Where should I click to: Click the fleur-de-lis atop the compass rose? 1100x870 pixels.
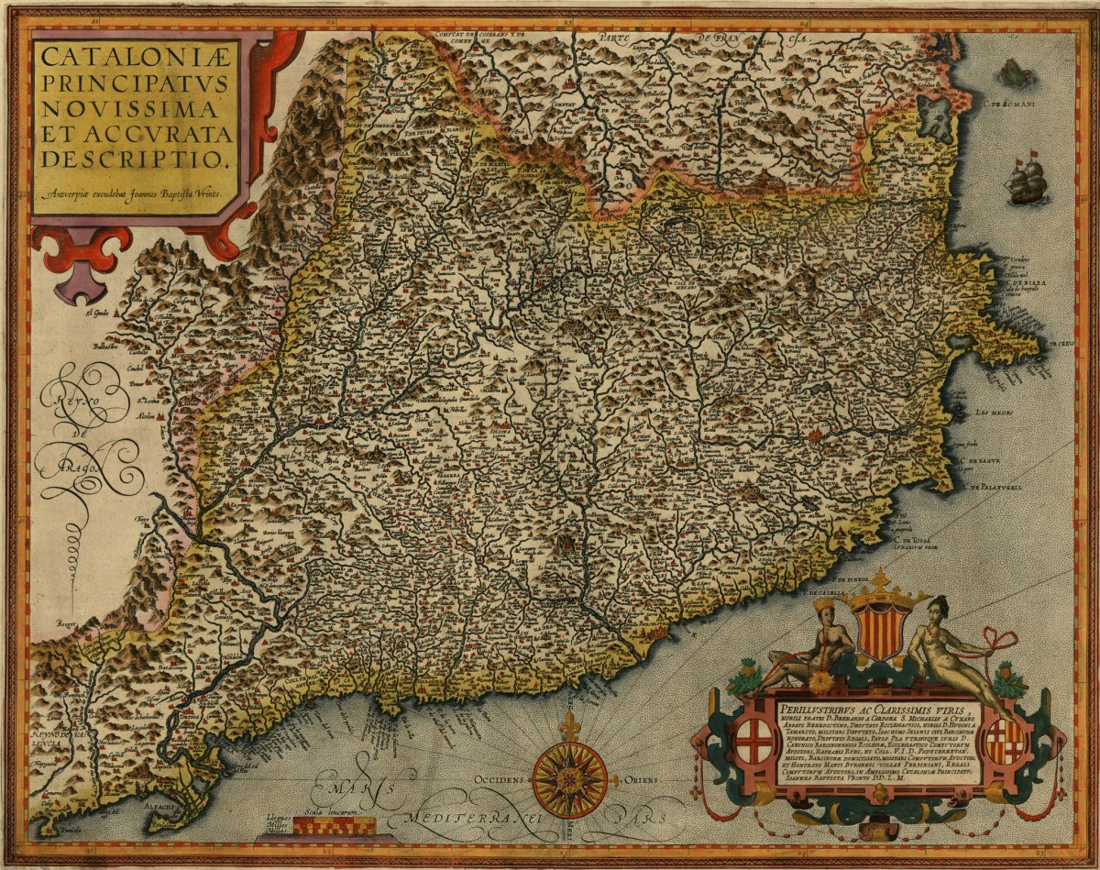(569, 723)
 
